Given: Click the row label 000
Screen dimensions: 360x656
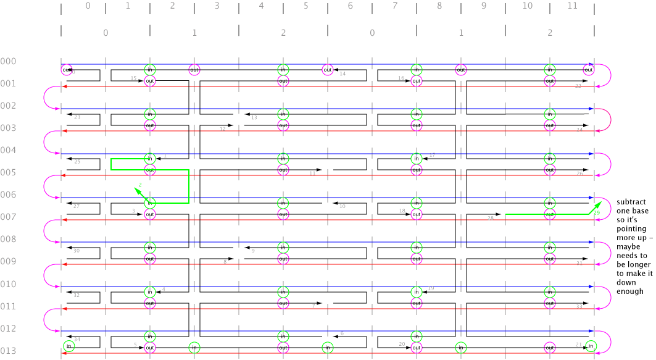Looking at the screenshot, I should click(x=9, y=61).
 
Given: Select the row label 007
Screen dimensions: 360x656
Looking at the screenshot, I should click(x=9, y=217).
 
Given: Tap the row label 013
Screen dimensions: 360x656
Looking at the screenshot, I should click(x=9, y=351).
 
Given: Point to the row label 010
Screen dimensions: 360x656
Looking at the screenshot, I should click(x=9, y=284).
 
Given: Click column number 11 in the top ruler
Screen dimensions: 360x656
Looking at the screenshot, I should click(x=571, y=6).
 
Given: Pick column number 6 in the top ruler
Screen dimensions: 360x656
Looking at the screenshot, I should click(x=350, y=6).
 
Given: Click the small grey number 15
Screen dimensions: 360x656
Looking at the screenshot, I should click(x=133, y=78).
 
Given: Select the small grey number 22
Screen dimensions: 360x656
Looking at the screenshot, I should click(x=578, y=86).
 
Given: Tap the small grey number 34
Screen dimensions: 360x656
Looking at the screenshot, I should click(x=77, y=339).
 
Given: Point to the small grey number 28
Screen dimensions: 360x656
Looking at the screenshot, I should click(x=491, y=218).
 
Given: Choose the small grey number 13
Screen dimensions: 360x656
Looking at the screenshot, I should click(x=254, y=117).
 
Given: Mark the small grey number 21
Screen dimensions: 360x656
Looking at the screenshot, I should click(x=578, y=344).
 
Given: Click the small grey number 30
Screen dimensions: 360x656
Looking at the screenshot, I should click(x=77, y=251).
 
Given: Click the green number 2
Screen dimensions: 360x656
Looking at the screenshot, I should click(x=140, y=185).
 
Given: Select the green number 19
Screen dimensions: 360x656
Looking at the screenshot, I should click(x=597, y=212).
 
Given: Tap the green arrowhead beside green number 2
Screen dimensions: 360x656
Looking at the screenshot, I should click(x=136, y=191).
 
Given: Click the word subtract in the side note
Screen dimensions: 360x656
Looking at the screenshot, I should click(x=631, y=202).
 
